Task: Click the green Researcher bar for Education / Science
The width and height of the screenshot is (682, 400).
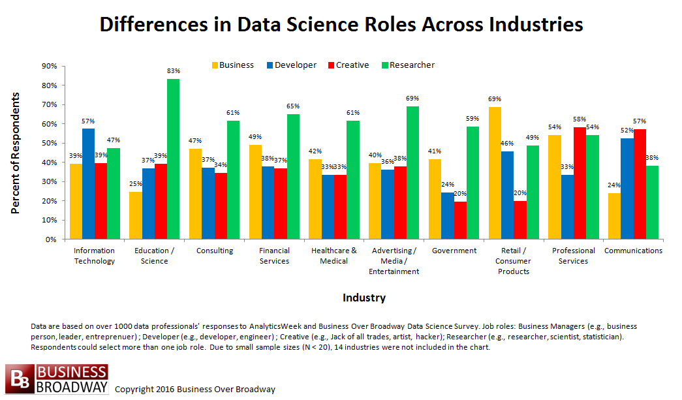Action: pos(173,159)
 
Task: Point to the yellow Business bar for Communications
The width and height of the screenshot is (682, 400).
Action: pos(614,216)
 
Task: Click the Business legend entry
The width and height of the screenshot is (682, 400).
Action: pos(233,65)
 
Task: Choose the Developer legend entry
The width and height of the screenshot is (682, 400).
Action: pos(291,65)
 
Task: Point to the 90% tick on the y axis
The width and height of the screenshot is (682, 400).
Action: pos(49,66)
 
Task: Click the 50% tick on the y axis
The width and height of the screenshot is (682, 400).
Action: pos(49,143)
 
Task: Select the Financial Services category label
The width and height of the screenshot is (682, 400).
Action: pos(274,256)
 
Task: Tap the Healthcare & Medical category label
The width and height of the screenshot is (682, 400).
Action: pos(334,256)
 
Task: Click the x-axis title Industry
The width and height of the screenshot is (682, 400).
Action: pos(364,298)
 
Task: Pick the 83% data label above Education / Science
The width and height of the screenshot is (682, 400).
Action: pos(173,70)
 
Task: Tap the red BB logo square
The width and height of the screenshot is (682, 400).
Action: pos(19,379)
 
